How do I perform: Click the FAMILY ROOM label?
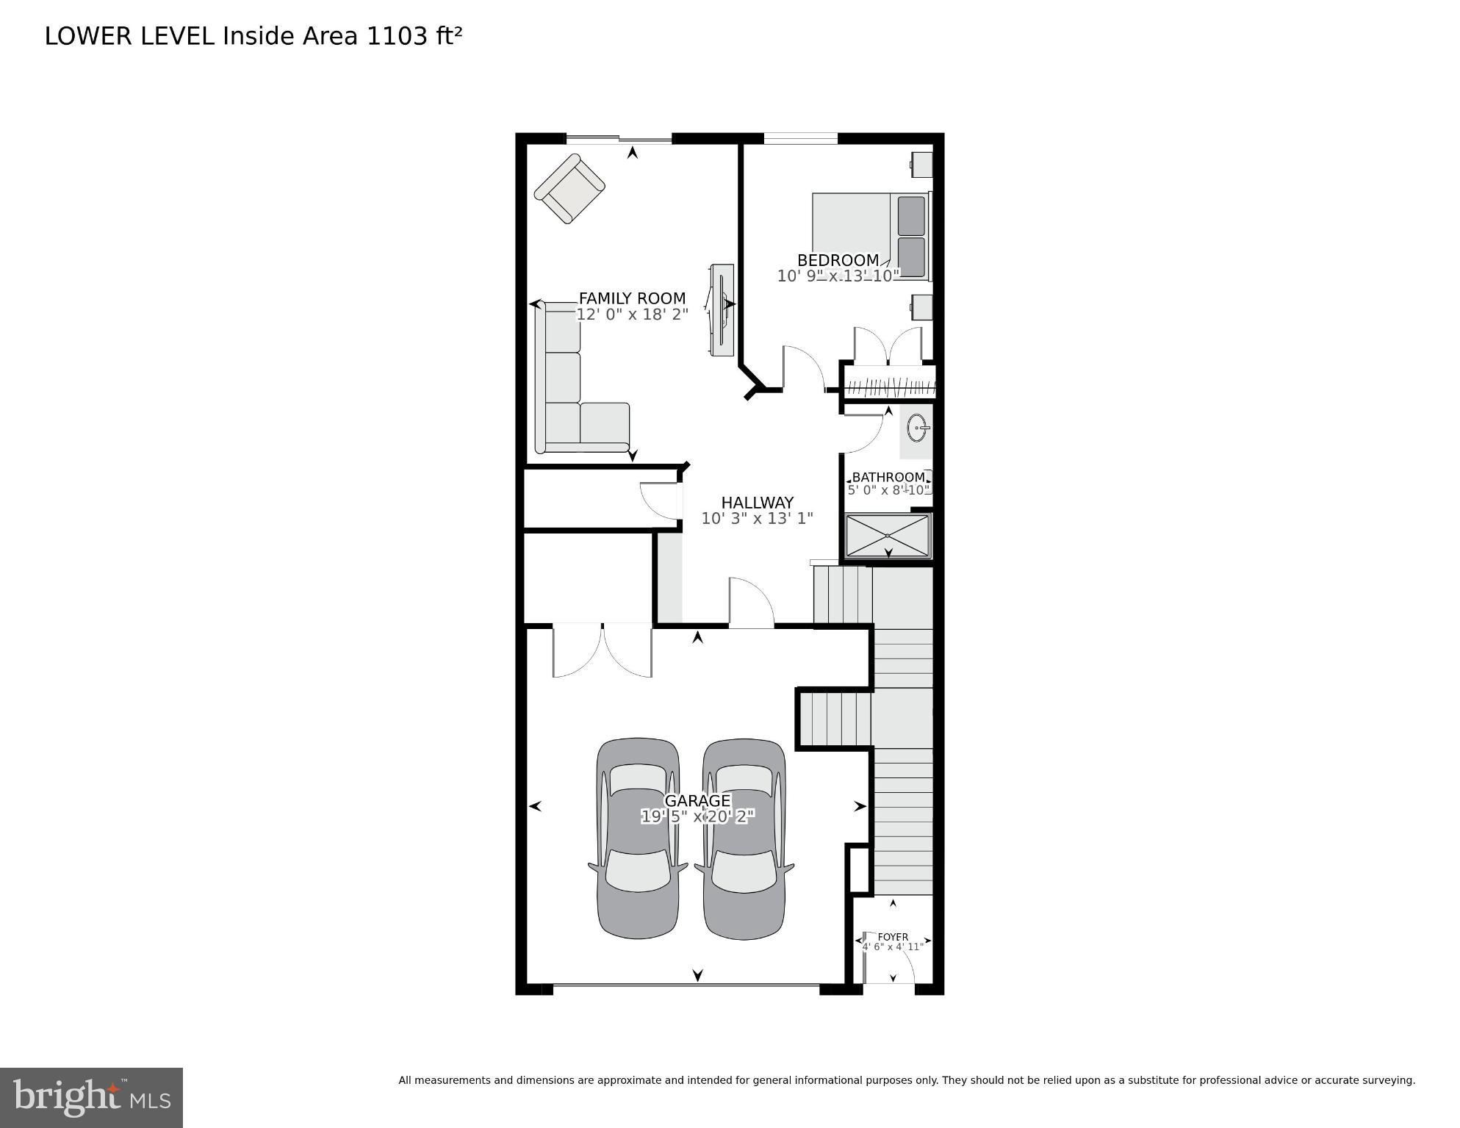click(632, 298)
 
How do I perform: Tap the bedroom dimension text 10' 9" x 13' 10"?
click(838, 276)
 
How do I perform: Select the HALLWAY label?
click(757, 503)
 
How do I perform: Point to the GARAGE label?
click(697, 801)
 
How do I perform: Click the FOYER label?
click(893, 937)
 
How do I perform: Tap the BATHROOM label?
click(888, 477)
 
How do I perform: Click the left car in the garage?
click(637, 838)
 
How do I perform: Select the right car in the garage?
click(744, 838)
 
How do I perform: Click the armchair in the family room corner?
click(569, 188)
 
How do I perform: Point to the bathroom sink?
click(917, 428)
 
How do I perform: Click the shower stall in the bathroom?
click(888, 536)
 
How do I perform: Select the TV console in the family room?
click(722, 310)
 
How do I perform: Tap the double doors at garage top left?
click(603, 650)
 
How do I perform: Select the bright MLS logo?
click(91, 1097)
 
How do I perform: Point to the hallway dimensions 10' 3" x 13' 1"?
click(757, 519)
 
